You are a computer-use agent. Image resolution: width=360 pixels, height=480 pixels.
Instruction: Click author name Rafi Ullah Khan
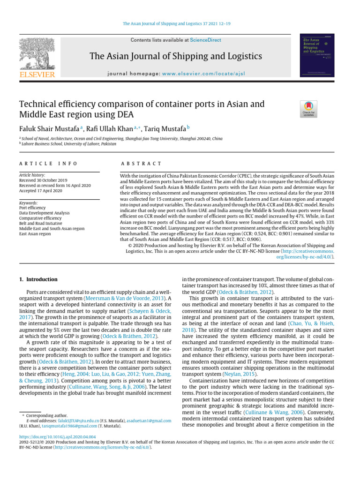(109, 128)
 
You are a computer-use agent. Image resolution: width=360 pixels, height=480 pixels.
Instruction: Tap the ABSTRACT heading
(141, 164)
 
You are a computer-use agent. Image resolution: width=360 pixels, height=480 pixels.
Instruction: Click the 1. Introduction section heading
(38, 279)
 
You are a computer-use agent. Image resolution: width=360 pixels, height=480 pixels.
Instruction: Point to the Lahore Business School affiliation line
(70, 143)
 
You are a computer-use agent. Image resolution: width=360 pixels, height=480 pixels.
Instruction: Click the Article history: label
(32, 175)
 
